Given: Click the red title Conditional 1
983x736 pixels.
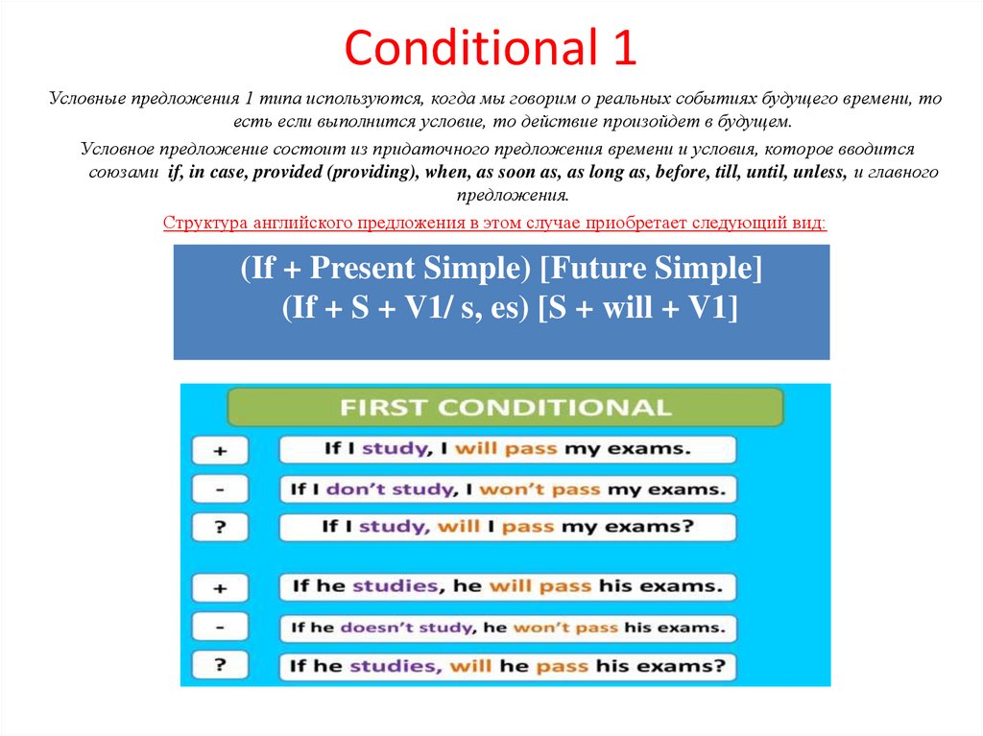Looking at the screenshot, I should (491, 49).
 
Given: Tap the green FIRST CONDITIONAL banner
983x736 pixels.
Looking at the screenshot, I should (505, 407).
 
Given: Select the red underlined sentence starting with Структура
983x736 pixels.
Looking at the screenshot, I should (493, 223).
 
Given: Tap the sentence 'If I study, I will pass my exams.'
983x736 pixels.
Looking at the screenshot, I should (506, 449).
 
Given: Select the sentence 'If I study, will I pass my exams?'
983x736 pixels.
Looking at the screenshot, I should (508, 527).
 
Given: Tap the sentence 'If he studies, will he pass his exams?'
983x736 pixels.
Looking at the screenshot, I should (508, 666).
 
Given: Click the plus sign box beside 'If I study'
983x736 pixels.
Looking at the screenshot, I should (220, 450).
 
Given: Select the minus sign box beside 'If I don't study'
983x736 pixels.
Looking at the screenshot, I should (220, 489).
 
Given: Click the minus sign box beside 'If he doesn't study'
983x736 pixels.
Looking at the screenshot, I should (220, 628).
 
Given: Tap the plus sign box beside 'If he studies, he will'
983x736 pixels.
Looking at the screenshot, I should (220, 586).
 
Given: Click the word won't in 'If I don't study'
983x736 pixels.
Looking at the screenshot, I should (505, 489).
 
